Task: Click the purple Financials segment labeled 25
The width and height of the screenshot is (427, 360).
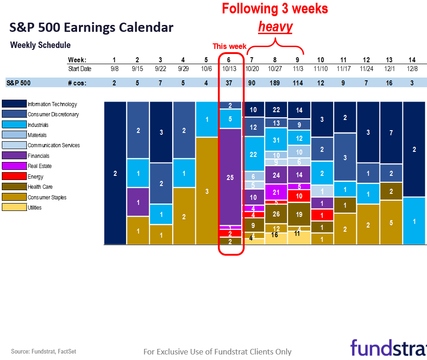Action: pyautogui.click(x=230, y=177)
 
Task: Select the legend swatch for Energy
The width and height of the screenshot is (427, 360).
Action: pyautogui.click(x=14, y=176)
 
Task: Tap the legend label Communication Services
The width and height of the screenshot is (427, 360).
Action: pyautogui.click(x=54, y=145)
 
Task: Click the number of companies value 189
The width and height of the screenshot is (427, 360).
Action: pyautogui.click(x=276, y=83)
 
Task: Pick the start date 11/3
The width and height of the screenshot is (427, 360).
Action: pyautogui.click(x=299, y=69)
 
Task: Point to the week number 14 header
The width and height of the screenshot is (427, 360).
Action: pyautogui.click(x=413, y=60)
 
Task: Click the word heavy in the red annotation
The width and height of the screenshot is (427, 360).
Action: pyautogui.click(x=275, y=27)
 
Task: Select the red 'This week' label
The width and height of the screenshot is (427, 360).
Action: pyautogui.click(x=229, y=46)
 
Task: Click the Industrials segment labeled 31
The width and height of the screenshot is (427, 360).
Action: pyautogui.click(x=276, y=140)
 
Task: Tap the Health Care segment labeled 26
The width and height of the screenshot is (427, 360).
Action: pyautogui.click(x=276, y=214)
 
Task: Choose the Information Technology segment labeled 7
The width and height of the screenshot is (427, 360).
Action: pyautogui.click(x=391, y=133)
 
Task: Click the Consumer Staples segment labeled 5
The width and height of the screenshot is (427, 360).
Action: pyautogui.click(x=391, y=222)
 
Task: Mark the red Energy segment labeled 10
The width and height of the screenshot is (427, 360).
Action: pyautogui.click(x=299, y=196)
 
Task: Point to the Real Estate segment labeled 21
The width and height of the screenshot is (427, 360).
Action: pyautogui.click(x=276, y=192)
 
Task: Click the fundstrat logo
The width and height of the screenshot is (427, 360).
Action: pyautogui.click(x=388, y=348)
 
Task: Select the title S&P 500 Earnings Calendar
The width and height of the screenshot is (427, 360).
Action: pyautogui.click(x=91, y=28)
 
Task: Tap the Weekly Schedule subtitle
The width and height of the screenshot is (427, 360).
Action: pyautogui.click(x=41, y=45)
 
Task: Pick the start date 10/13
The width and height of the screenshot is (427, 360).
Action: pyautogui.click(x=229, y=69)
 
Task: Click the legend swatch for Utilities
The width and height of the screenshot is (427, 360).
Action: pyautogui.click(x=14, y=207)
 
